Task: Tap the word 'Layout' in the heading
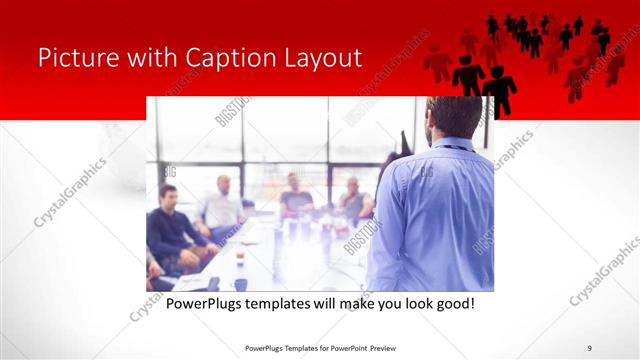click(321, 57)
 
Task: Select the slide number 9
click(590, 347)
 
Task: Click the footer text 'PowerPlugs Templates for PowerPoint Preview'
click(319, 347)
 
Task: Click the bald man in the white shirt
click(221, 205)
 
